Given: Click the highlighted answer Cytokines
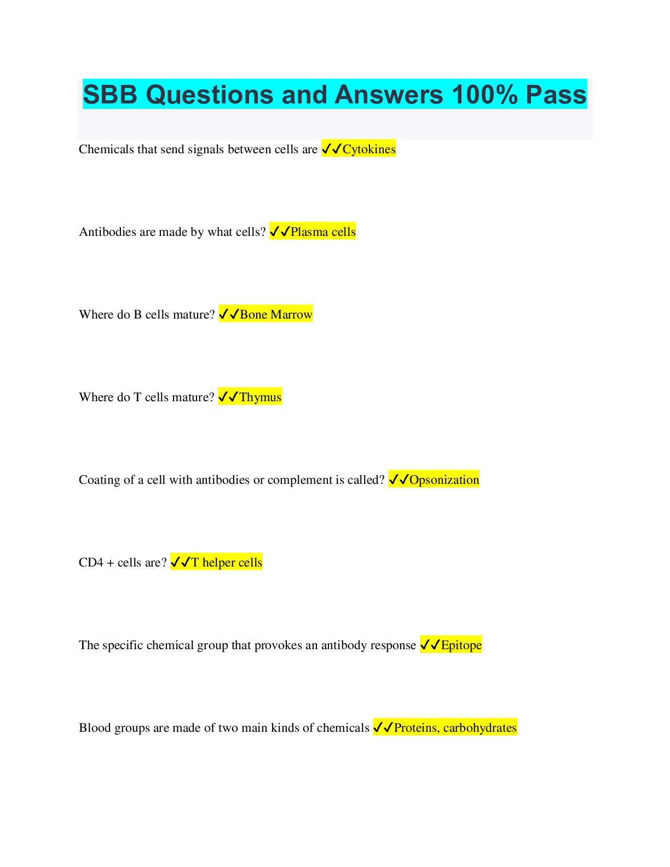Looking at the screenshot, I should [x=369, y=149].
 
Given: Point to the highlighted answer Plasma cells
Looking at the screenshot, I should [x=323, y=232].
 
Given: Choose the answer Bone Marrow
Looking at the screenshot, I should [x=276, y=315].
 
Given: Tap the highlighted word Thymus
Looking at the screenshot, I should [x=261, y=397].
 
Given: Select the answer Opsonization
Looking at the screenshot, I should [x=444, y=480].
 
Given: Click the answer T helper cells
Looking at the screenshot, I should [x=227, y=563].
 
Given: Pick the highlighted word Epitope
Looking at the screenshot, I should [x=461, y=645].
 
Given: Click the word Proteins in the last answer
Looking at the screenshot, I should [x=416, y=728].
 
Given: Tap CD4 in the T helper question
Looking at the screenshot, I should [x=91, y=563].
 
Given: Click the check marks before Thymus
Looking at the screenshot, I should [x=228, y=397].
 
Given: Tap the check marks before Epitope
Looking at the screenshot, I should [x=430, y=645].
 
